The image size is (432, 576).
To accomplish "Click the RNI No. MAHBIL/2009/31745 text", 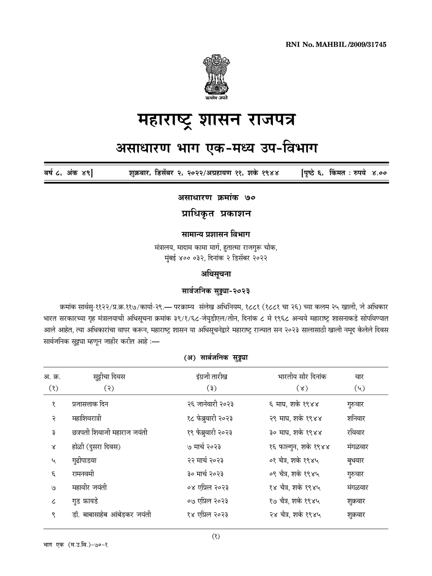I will click(x=336, y=45).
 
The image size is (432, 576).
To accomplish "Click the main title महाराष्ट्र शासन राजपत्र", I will click(x=216, y=120).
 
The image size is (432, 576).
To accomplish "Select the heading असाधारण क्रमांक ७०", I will click(x=216, y=198).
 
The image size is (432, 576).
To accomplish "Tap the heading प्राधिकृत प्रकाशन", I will click(x=216, y=213).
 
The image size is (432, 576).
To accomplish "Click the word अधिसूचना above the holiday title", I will click(x=216, y=274).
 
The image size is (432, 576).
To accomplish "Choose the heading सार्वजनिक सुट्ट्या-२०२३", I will click(x=216, y=290).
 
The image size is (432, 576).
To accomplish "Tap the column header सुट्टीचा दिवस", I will click(x=109, y=377).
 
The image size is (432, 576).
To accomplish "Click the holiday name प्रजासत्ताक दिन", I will click(x=90, y=404).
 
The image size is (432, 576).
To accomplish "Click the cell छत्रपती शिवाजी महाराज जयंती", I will click(x=109, y=432).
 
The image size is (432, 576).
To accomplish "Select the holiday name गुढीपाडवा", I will click(x=84, y=460).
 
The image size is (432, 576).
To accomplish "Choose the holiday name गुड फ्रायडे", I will click(x=85, y=501).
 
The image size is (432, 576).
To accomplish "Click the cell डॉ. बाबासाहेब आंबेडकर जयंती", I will click(x=111, y=515).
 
